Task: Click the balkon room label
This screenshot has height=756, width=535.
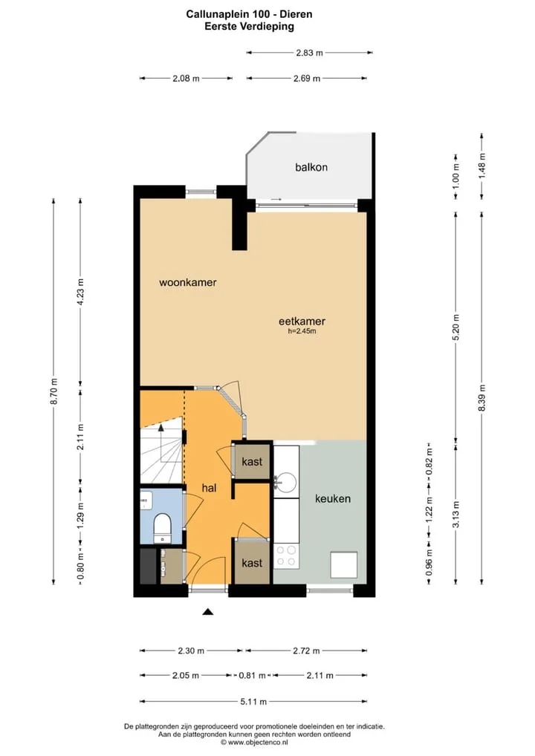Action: tap(311, 167)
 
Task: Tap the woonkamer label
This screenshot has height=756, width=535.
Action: tap(188, 282)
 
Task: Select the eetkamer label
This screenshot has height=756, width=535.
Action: tap(302, 321)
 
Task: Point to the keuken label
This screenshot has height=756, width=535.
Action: tap(332, 498)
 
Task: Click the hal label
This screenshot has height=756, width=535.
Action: tap(209, 488)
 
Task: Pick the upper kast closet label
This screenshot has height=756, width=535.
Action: tap(252, 462)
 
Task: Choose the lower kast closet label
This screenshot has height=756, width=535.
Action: tap(252, 563)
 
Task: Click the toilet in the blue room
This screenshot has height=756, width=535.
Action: tap(162, 527)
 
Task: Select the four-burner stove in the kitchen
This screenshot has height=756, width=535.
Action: tap(286, 555)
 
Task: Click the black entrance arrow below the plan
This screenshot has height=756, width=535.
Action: tap(207, 612)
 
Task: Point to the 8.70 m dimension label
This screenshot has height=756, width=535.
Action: tap(54, 391)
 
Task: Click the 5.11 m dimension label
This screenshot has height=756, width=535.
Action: tap(253, 702)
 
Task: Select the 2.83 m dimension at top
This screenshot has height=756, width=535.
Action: tap(309, 53)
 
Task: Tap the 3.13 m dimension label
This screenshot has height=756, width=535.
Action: tap(456, 515)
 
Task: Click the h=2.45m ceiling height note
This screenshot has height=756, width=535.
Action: tap(302, 331)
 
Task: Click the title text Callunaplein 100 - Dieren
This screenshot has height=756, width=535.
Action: tap(250, 14)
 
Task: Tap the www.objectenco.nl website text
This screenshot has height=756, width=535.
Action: tap(254, 743)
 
